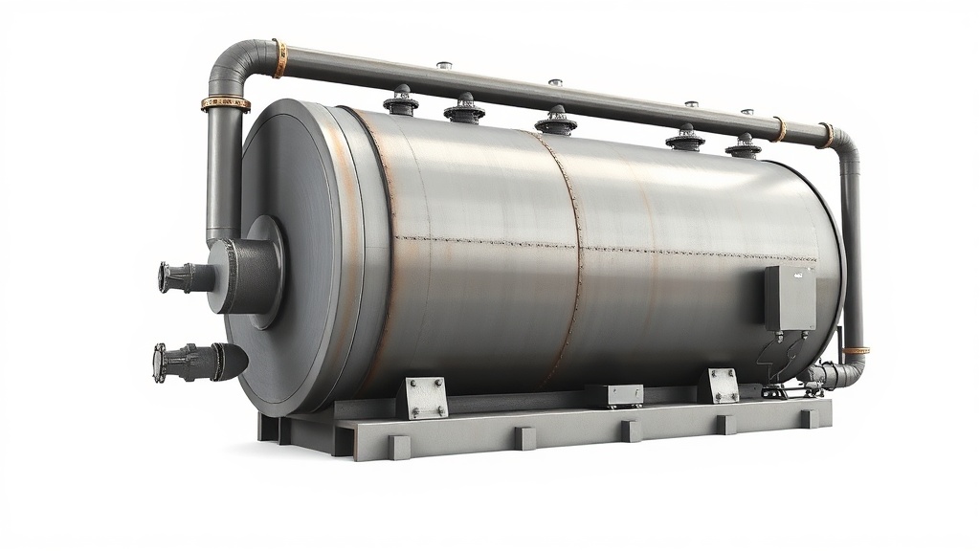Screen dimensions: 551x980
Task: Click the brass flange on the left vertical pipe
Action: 225,103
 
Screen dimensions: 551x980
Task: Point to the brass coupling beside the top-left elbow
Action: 278,58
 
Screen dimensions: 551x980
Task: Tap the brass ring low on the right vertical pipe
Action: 856,351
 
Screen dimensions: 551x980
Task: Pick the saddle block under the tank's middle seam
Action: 613,394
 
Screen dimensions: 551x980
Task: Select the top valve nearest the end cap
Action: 400,99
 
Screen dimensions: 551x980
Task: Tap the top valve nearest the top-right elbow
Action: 744,144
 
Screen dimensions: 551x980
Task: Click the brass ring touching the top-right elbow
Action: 826,135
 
